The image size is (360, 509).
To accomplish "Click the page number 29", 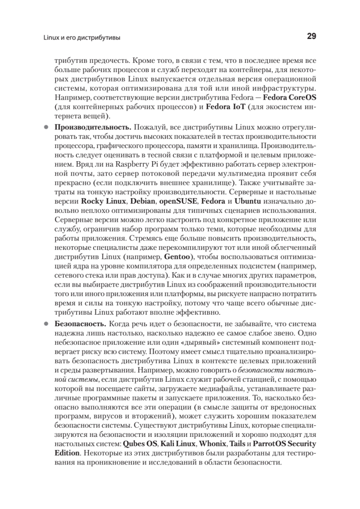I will pos(311,36).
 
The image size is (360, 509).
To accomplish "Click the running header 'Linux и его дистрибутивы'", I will pos(81,38).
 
